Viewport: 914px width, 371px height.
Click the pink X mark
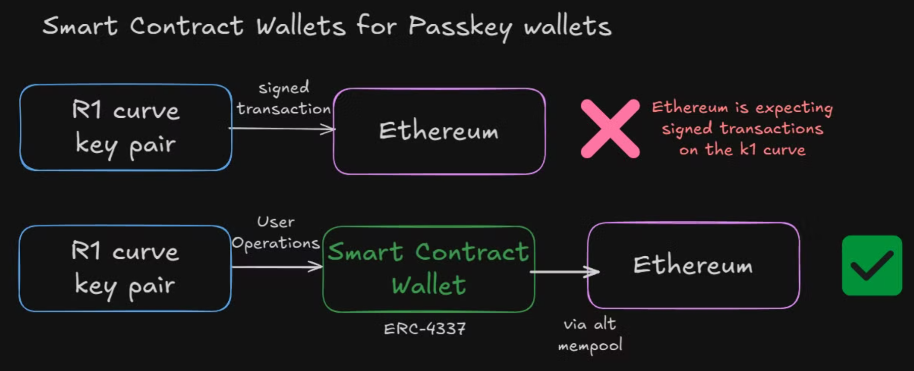pos(610,128)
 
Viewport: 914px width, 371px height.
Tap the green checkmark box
pos(871,265)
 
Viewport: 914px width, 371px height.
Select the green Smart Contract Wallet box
pos(428,268)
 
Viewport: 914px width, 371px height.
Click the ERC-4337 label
pos(425,329)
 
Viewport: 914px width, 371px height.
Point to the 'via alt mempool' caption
pos(590,335)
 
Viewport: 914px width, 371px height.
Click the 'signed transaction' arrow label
pos(283,98)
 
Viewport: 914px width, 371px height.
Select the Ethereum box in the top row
pos(439,131)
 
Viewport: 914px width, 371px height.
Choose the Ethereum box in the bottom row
pos(693,265)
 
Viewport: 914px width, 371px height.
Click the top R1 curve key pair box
pos(126,127)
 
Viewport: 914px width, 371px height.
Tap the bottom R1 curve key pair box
pos(125,268)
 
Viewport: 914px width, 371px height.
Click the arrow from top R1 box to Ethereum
pos(281,129)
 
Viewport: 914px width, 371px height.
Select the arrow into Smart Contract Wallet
pos(276,266)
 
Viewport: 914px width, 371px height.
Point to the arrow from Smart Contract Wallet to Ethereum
pos(564,272)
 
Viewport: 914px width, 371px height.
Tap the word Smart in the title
pos(80,26)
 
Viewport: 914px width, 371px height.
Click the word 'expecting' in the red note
pos(794,108)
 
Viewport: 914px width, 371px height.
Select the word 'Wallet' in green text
pos(429,285)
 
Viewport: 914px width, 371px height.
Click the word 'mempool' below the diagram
pos(590,346)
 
